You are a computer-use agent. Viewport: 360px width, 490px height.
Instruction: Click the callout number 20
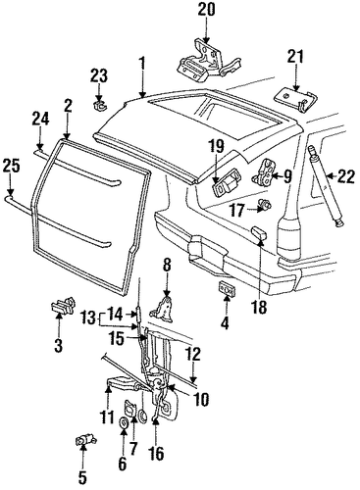(206, 9)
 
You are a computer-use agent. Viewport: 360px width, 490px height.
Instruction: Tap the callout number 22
(346, 176)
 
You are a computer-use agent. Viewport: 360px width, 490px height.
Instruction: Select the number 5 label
(82, 478)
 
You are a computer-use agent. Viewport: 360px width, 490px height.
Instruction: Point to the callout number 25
(11, 166)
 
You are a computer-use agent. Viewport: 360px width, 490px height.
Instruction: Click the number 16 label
(156, 454)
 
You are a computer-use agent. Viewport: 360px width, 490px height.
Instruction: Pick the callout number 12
(193, 355)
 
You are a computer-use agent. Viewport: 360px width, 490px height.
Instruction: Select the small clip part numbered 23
(99, 105)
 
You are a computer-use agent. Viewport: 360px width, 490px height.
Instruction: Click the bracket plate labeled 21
(295, 99)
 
